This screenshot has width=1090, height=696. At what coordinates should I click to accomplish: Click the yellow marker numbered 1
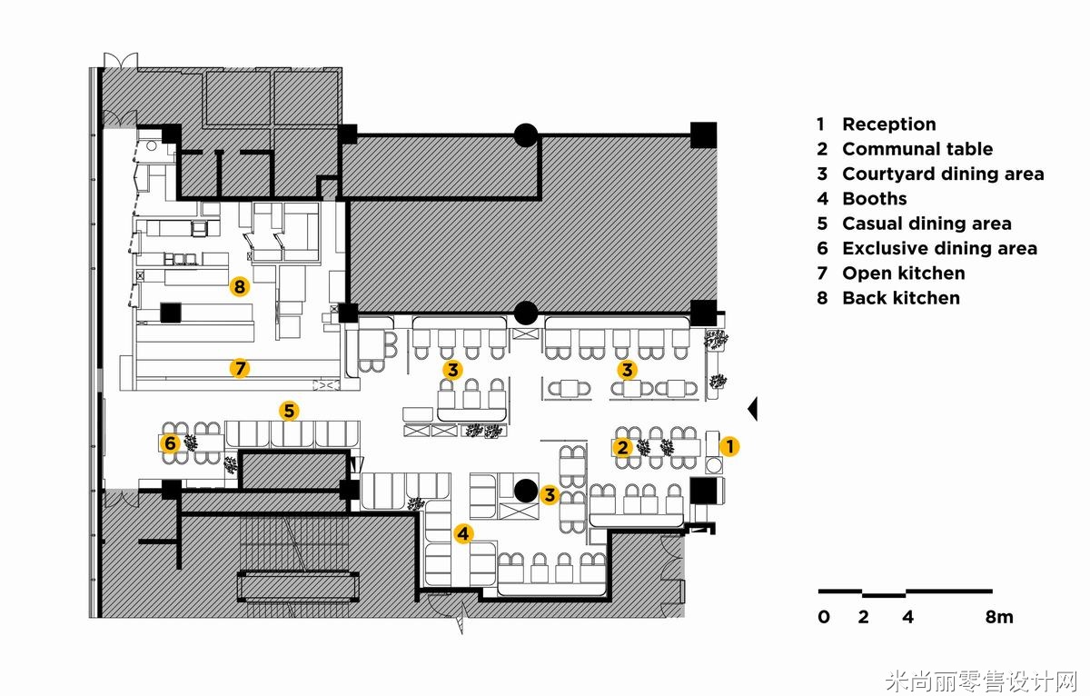[729, 446]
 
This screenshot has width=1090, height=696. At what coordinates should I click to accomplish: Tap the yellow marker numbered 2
[622, 447]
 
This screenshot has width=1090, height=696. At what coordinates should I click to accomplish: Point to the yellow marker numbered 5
[289, 411]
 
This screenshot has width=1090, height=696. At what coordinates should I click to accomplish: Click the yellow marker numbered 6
[170, 442]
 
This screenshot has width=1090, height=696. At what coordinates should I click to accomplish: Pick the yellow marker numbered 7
[240, 368]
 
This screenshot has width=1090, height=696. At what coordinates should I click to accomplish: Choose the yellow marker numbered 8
[240, 286]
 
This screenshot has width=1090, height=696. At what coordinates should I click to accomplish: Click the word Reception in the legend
[889, 124]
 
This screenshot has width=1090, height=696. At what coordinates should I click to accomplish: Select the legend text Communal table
[917, 149]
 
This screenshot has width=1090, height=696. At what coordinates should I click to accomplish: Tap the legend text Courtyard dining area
[943, 174]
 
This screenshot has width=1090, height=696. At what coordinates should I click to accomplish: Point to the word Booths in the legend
[875, 199]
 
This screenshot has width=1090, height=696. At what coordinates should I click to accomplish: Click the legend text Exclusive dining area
[939, 248]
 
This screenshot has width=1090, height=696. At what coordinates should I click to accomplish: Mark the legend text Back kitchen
[901, 298]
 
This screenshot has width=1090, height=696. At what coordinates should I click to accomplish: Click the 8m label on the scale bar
[999, 617]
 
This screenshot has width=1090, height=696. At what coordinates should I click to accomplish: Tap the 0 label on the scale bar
[823, 617]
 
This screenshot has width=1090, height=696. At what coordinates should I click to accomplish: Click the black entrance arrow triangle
[753, 409]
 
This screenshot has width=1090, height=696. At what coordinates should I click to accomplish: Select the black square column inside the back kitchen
[171, 313]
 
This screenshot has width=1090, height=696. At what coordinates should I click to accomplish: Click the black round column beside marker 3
[526, 491]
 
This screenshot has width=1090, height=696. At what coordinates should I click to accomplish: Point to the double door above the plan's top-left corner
[121, 60]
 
